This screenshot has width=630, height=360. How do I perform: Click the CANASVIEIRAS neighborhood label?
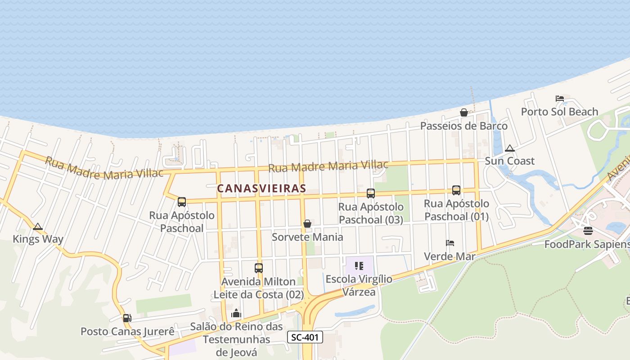261,189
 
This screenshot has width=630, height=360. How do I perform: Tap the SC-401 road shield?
305,337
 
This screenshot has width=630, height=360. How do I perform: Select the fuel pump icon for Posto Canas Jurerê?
127,318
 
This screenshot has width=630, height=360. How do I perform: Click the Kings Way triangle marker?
38,226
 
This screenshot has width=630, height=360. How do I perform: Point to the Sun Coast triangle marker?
509,148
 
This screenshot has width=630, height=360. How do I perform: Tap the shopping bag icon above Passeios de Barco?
463,112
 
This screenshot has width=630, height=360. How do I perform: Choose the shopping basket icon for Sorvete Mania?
307,224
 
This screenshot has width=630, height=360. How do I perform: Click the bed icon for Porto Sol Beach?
559,98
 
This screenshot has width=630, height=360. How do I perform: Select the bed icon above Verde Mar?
450,243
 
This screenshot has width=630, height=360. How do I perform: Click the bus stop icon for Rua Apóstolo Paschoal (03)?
371,193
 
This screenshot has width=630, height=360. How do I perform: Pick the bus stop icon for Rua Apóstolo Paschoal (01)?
456,190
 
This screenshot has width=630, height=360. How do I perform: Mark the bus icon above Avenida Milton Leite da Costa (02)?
259,268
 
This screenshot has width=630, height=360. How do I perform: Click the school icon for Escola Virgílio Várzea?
359,266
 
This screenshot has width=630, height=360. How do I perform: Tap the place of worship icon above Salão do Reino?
236,313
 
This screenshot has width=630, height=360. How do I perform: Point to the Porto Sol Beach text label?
559,112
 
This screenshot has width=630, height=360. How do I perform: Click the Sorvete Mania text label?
307,237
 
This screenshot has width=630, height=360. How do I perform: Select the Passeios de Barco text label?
463,126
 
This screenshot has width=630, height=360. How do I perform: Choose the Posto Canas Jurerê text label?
127,332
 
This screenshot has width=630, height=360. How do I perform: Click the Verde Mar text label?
450,256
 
